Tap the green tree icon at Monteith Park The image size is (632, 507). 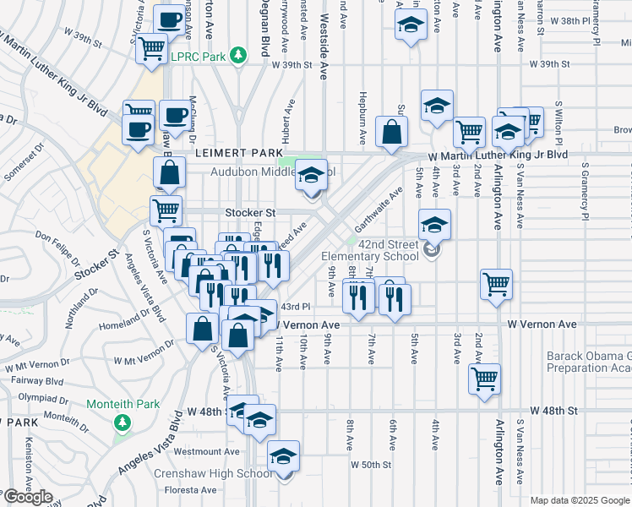click(x=123, y=422)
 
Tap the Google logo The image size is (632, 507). click(x=27, y=497)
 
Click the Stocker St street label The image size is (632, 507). click(x=250, y=213)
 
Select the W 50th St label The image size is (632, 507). click(x=373, y=465)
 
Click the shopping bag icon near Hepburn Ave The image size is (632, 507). click(x=392, y=131)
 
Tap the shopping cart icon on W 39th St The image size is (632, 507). click(x=152, y=48)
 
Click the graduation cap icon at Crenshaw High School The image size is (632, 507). click(x=284, y=456)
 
